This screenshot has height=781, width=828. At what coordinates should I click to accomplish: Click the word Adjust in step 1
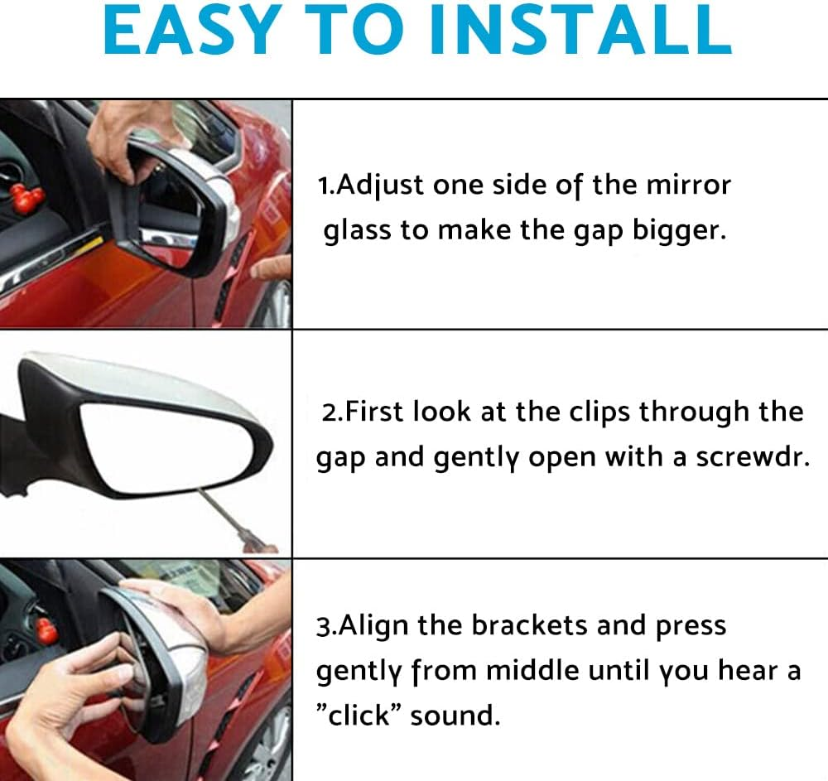click(374, 186)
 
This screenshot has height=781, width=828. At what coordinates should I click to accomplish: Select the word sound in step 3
click(455, 714)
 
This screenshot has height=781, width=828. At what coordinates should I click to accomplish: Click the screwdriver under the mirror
click(237, 518)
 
